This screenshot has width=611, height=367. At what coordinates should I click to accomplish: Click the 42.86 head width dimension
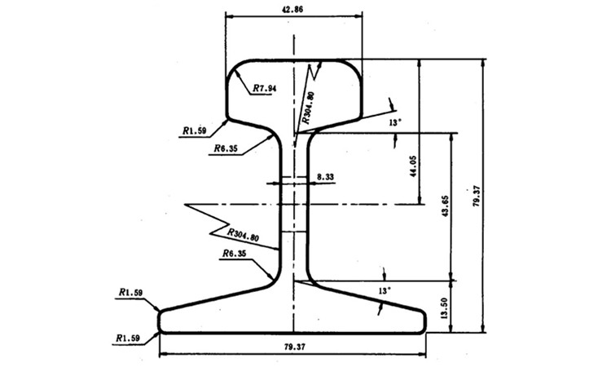[x=292, y=10]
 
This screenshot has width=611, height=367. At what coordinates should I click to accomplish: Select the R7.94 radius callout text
[x=265, y=89]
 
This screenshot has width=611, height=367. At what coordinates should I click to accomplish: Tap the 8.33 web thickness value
[x=325, y=177]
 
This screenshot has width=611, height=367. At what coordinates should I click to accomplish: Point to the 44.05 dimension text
[x=413, y=166]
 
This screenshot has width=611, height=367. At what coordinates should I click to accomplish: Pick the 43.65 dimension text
[x=446, y=206]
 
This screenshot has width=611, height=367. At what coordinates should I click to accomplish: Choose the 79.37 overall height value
[x=477, y=196]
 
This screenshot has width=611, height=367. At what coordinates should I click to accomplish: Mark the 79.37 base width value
[x=295, y=347]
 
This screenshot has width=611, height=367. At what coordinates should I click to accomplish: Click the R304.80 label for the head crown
[x=308, y=108]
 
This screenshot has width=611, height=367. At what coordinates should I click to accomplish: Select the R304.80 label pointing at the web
[x=243, y=235]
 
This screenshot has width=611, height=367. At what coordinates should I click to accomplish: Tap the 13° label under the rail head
[x=394, y=122]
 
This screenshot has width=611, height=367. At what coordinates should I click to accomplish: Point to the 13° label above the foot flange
[x=384, y=291]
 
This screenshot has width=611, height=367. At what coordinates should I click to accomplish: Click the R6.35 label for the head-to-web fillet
[x=226, y=148]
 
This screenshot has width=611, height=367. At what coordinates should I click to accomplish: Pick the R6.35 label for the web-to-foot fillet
[x=234, y=254]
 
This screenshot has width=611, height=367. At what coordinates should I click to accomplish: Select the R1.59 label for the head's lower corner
[x=195, y=130]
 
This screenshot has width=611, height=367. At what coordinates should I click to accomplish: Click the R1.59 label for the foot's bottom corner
[x=128, y=338]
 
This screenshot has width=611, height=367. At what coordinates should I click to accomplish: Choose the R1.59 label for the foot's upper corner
[x=131, y=292]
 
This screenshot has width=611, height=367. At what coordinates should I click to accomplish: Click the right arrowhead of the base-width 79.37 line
[x=422, y=355]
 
